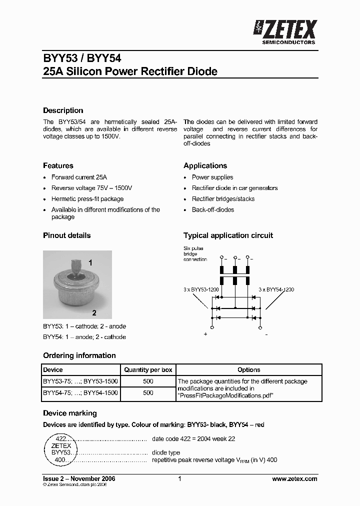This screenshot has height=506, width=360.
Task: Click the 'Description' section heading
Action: pyautogui.click(x=63, y=110)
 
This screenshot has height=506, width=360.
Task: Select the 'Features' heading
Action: pyautogui.click(x=58, y=165)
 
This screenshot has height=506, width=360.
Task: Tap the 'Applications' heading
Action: pyautogui.click(x=205, y=165)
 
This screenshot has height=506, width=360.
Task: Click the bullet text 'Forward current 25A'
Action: pyautogui.click(x=79, y=177)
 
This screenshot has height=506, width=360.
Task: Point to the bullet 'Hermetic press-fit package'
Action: pyautogui.click(x=87, y=199)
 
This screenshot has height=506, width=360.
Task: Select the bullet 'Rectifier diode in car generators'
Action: pyautogui.click(x=234, y=188)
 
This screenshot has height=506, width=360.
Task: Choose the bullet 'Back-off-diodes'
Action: pyautogui.click(x=212, y=210)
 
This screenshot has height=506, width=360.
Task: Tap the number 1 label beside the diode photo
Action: pyautogui.click(x=90, y=262)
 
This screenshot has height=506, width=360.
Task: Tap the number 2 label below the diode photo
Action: pyautogui.click(x=93, y=313)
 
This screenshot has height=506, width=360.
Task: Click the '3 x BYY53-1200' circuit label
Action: pyautogui.click(x=201, y=289)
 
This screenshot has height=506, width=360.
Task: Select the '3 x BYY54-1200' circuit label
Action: pyautogui.click(x=276, y=289)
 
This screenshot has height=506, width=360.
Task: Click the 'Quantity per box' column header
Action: pyautogui.click(x=148, y=370)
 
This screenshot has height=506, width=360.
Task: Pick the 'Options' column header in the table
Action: pyautogui.click(x=248, y=370)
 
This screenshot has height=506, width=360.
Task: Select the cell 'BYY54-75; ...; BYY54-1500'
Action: pyautogui.click(x=80, y=393)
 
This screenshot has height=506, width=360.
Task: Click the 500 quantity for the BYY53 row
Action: pyautogui.click(x=148, y=381)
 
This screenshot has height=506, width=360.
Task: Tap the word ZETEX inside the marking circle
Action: pyautogui.click(x=61, y=445)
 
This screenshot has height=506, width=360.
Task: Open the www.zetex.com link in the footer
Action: pyautogui.click(x=294, y=479)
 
